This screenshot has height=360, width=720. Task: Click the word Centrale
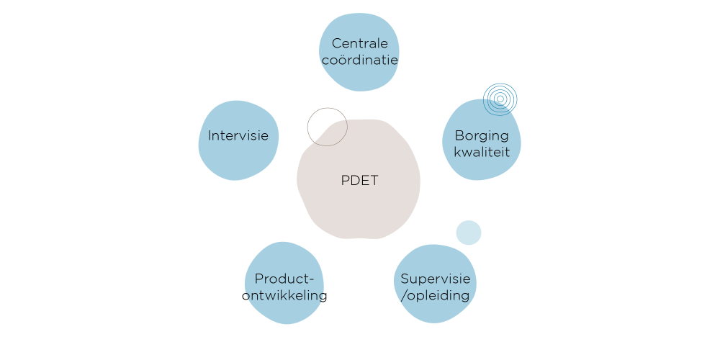(x=360, y=45)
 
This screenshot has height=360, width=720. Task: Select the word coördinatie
(x=360, y=60)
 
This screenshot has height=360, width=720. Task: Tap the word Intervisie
(x=238, y=135)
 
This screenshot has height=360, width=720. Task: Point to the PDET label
(x=359, y=181)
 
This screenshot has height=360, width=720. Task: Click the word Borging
(x=481, y=135)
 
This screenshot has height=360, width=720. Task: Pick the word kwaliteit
(x=481, y=152)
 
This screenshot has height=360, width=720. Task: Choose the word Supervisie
(x=436, y=279)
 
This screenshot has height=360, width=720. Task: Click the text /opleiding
(x=434, y=295)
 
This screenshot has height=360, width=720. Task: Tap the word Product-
(x=285, y=279)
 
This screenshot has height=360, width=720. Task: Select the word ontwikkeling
(x=284, y=295)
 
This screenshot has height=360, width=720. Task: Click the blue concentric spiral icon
(x=500, y=99)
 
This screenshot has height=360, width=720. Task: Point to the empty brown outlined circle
(x=327, y=127)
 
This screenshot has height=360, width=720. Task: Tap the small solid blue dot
(x=469, y=233)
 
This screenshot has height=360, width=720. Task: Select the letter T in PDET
(x=374, y=181)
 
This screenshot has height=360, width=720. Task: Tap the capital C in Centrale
(x=337, y=45)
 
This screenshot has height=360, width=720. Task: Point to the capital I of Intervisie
(x=210, y=135)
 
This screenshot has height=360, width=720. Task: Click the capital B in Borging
(x=459, y=135)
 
